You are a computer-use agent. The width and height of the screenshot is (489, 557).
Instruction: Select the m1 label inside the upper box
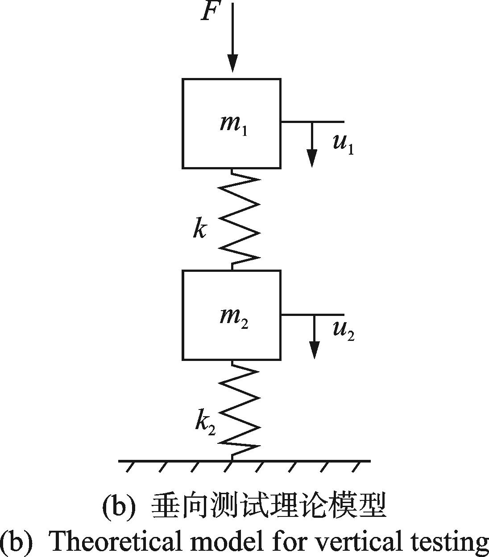coord(233,127)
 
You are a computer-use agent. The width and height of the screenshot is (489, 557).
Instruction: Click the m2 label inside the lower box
coord(234,319)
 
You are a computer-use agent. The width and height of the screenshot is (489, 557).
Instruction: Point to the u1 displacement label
coord(343,145)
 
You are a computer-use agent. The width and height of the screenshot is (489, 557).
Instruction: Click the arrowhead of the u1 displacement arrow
coord(312,158)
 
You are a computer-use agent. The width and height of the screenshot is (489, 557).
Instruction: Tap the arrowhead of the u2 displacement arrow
coord(314,350)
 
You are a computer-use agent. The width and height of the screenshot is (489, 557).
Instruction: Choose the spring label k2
coord(205,425)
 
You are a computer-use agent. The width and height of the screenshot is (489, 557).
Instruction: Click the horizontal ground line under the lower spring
coord(244,461)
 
